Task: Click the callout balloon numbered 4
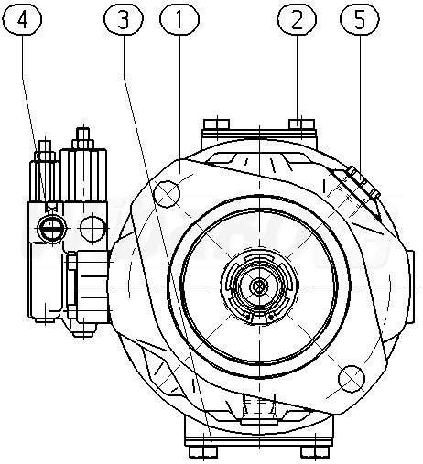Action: pos(22,20)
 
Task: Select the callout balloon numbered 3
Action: pos(124,20)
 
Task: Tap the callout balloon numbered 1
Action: pos(179,20)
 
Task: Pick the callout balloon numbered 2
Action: pos(297,20)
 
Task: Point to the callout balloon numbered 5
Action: pos(360,20)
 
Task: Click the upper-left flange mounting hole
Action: pos(167,193)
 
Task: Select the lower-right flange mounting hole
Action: pos(352,378)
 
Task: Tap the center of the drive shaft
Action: pos(259,286)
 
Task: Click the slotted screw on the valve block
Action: pos(51,227)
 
